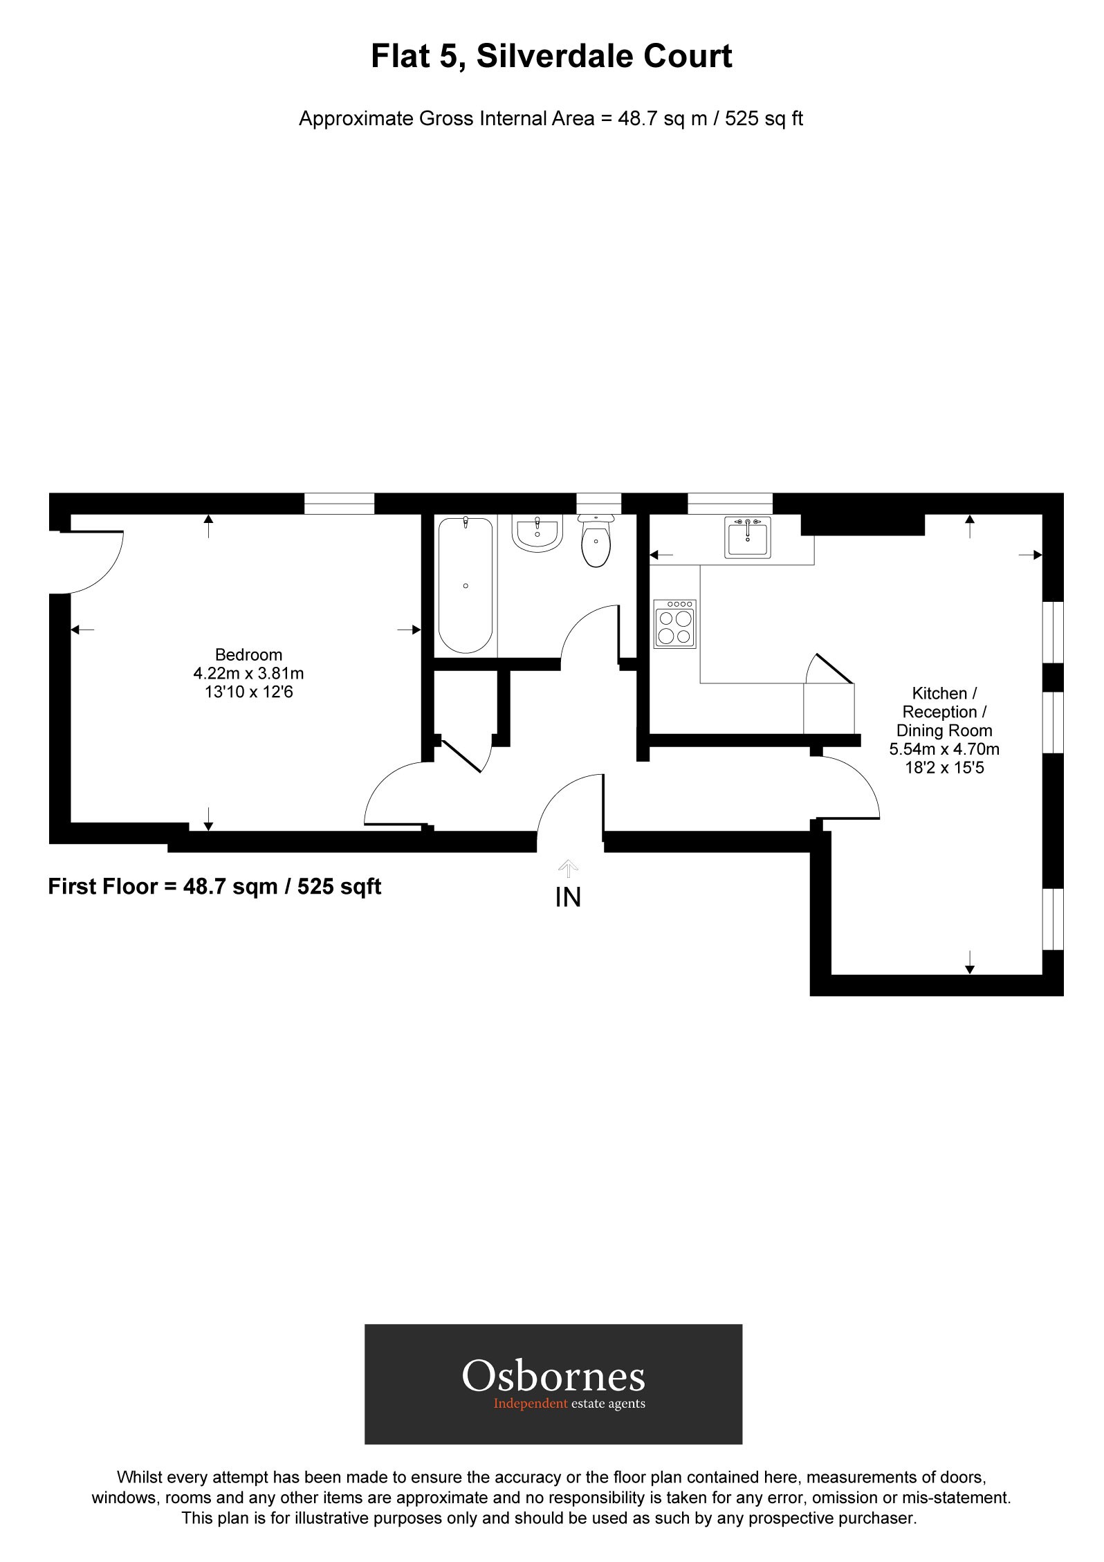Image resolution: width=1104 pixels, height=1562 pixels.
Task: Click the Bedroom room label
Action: [248, 654]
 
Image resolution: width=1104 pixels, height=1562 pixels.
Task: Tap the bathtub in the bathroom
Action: [466, 585]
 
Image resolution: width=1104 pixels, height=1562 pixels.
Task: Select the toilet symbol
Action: [596, 544]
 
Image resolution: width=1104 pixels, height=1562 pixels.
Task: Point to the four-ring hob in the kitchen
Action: [675, 624]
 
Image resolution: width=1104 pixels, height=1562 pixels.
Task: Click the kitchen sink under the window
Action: [747, 537]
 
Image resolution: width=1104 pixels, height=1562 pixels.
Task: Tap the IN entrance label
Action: [568, 898]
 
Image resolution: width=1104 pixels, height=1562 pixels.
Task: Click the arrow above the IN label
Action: [568, 868]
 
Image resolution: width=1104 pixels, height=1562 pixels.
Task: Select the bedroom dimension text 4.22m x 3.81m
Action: [248, 673]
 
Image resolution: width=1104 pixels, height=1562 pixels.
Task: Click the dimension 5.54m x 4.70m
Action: [944, 749]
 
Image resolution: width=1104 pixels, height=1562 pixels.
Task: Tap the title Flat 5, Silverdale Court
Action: [551, 56]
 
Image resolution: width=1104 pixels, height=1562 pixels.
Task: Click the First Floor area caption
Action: [214, 887]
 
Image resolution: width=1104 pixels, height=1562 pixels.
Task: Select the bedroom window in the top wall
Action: [339, 504]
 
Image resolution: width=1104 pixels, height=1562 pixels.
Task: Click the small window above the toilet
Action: [598, 503]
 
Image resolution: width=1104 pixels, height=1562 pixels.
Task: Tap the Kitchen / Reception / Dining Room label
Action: [944, 712]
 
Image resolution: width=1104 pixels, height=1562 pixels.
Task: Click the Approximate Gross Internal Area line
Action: [551, 119]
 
